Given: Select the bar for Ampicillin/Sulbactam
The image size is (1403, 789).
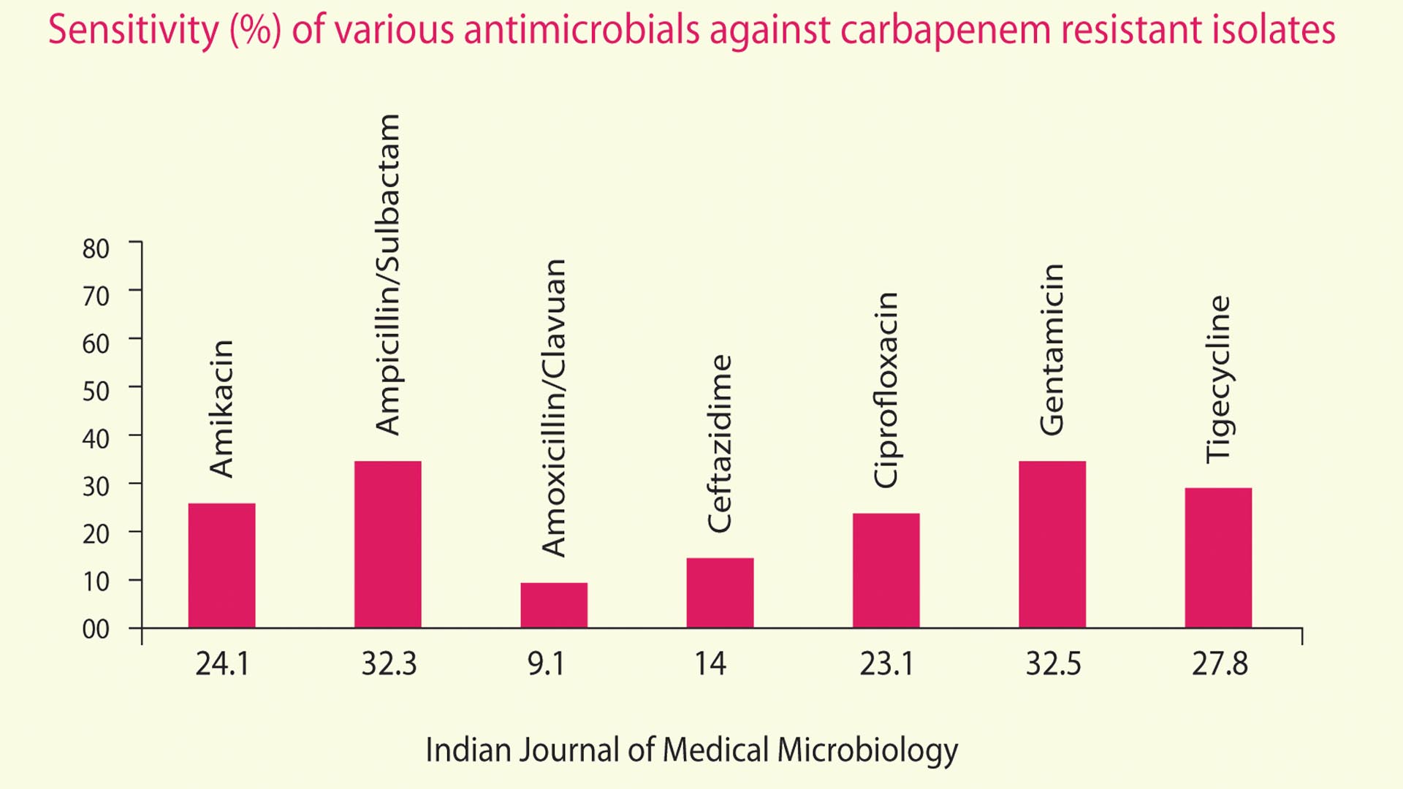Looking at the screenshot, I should coord(387,544).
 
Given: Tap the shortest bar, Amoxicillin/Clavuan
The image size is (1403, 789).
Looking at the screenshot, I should coord(553,605).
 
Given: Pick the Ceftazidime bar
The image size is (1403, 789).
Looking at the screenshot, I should coord(720,592).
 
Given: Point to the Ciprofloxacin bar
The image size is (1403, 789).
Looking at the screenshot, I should coord(886,570).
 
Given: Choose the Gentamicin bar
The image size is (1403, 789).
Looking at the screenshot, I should coord(1052,544).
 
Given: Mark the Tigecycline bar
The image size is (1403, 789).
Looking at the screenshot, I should coord(1218,557).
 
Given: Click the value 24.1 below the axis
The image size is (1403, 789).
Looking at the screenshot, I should coord(222,664).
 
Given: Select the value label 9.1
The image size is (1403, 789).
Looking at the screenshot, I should coord(546,664).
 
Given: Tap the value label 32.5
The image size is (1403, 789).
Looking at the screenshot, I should coord(1053,664).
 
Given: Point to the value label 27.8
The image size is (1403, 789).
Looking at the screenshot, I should coord(1220,664).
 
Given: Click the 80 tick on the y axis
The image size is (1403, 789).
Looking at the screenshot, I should coord(96,249).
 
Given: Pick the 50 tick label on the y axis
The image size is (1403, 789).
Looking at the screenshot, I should coord(96,392).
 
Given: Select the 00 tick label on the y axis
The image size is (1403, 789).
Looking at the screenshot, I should coord(96,629).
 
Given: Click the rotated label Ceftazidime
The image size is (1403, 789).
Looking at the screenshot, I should coord(720,443).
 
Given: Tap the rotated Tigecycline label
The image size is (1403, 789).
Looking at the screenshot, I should coord(1218,379).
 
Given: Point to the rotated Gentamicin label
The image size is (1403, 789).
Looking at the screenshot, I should coord(1052,350).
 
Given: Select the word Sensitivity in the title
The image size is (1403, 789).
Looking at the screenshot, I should coord(133,31).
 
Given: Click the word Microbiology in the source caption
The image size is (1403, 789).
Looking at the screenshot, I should coord(867,750).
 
